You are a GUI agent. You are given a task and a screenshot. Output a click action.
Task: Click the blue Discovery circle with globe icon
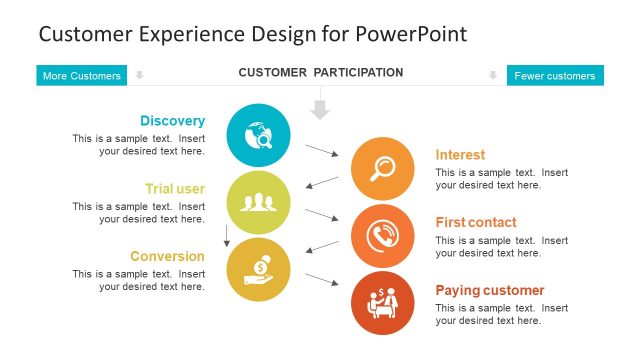pyautogui.click(x=259, y=135)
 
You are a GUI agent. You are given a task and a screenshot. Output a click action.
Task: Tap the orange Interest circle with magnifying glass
pyautogui.click(x=383, y=168)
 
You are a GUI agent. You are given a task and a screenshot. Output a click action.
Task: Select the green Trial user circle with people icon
pyautogui.click(x=259, y=202)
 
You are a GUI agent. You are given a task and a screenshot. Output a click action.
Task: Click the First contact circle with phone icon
pyautogui.click(x=383, y=236)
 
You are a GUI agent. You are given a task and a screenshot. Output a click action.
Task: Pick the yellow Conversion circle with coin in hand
pyautogui.click(x=259, y=270)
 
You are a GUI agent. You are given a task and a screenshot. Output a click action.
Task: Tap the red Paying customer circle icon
pyautogui.click(x=383, y=303)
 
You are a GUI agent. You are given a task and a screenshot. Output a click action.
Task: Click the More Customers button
pyautogui.click(x=82, y=76)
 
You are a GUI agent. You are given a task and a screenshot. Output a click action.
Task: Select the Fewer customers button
pyautogui.click(x=555, y=76)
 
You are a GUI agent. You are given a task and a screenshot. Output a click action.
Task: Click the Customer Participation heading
pyautogui.click(x=320, y=73)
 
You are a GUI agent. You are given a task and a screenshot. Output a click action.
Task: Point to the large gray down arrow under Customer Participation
pyautogui.click(x=320, y=108)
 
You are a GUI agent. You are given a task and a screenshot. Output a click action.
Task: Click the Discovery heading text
pyautogui.click(x=172, y=121)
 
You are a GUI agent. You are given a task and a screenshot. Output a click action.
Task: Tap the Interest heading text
pyautogui.click(x=460, y=155)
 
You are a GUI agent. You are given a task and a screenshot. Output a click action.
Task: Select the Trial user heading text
pyautogui.click(x=175, y=188)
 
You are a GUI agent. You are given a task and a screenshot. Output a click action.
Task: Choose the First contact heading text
pyautogui.click(x=476, y=222)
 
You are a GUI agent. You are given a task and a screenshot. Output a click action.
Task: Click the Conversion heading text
pyautogui.click(x=167, y=256)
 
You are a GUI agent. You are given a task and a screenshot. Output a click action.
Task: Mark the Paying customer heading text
pyautogui.click(x=489, y=290)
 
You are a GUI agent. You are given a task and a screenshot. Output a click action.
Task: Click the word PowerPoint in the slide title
pyautogui.click(x=410, y=34)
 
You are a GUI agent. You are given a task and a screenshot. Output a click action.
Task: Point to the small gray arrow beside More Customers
pyautogui.click(x=140, y=75)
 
